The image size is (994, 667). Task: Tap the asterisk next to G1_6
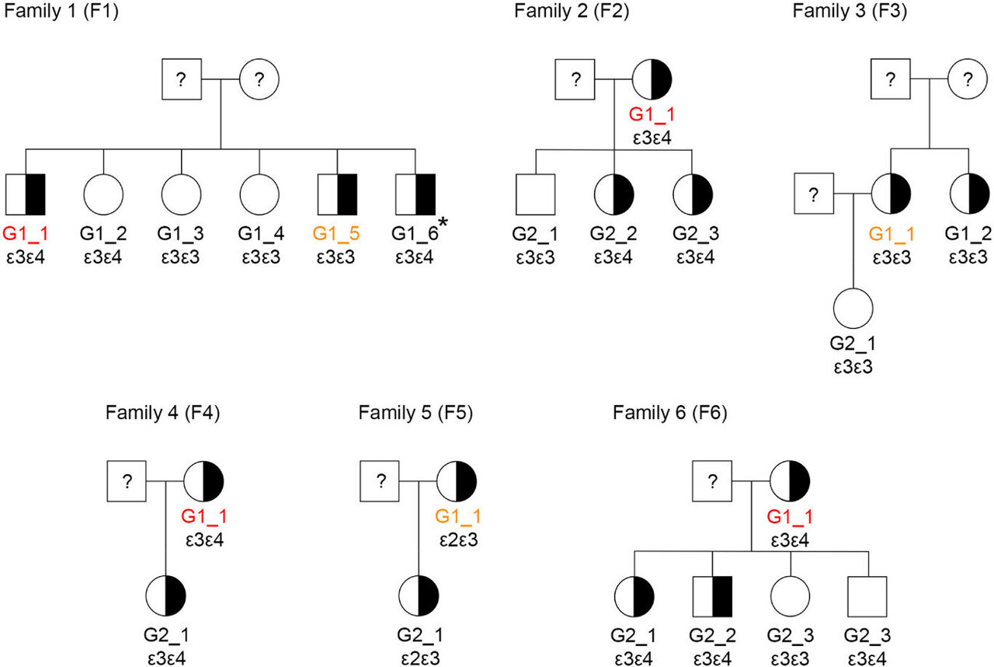(x=443, y=224)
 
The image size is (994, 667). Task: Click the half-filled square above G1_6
(x=415, y=194)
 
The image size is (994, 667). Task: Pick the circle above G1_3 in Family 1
(x=182, y=194)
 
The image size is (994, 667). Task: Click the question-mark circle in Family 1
(x=259, y=79)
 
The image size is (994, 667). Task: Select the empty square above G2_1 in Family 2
(x=536, y=194)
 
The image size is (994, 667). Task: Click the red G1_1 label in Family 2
(x=652, y=117)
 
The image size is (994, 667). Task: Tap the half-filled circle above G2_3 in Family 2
(x=691, y=194)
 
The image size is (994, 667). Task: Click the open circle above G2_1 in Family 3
(x=853, y=308)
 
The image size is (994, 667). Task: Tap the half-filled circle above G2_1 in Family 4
(x=166, y=597)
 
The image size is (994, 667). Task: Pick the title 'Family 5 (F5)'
(x=415, y=412)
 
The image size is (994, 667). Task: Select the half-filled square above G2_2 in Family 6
(x=713, y=597)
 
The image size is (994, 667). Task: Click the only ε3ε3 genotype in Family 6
(x=791, y=657)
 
